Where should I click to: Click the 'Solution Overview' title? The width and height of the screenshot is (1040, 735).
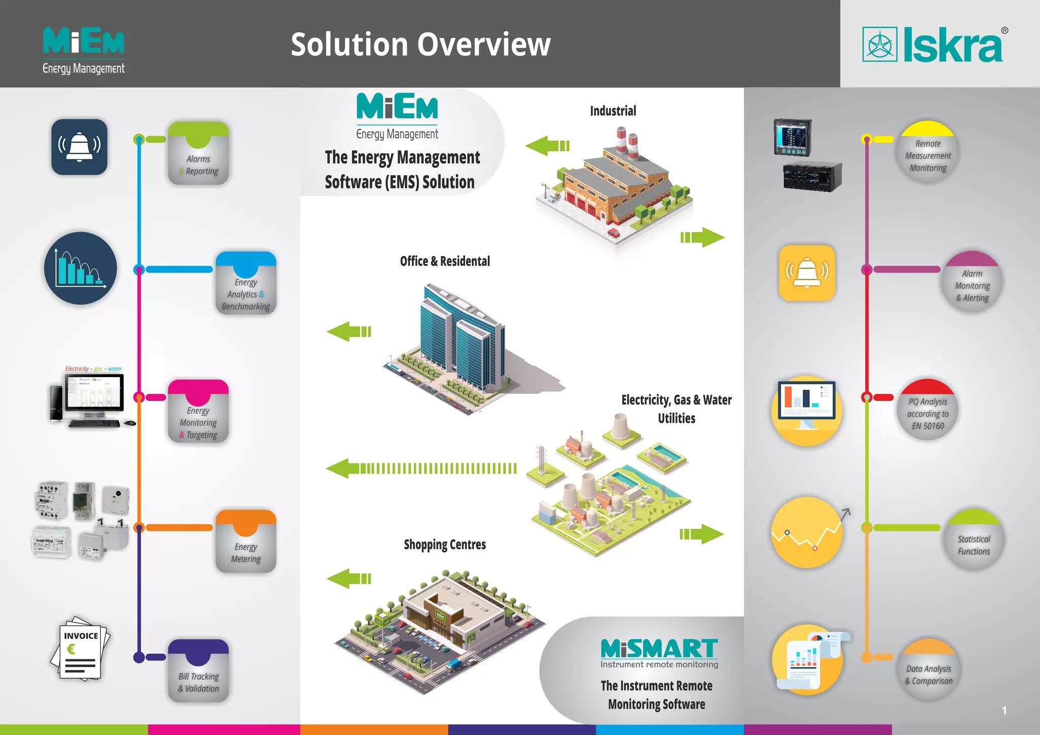click(420, 45)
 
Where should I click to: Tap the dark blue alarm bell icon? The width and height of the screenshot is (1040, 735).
click(79, 147)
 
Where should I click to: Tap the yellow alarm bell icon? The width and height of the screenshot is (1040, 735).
click(807, 273)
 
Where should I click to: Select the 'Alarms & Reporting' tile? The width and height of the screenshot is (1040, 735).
click(198, 154)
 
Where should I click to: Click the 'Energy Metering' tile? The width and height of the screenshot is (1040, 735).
click(246, 542)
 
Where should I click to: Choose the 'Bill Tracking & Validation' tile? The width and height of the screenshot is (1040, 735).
click(198, 671)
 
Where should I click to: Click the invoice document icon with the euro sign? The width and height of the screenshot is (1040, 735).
click(80, 649)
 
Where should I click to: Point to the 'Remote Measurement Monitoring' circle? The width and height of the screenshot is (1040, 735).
click(928, 152)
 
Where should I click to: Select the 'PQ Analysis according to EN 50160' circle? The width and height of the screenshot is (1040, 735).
click(928, 410)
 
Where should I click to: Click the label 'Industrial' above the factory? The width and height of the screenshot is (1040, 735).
click(613, 111)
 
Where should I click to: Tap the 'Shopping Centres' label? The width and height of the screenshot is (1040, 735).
click(445, 545)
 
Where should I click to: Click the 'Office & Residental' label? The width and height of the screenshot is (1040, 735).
click(445, 261)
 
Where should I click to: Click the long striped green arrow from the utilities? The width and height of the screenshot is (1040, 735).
click(421, 468)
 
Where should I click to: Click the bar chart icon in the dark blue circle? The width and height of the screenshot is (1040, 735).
click(80, 268)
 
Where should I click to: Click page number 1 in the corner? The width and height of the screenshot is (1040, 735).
click(1004, 711)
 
